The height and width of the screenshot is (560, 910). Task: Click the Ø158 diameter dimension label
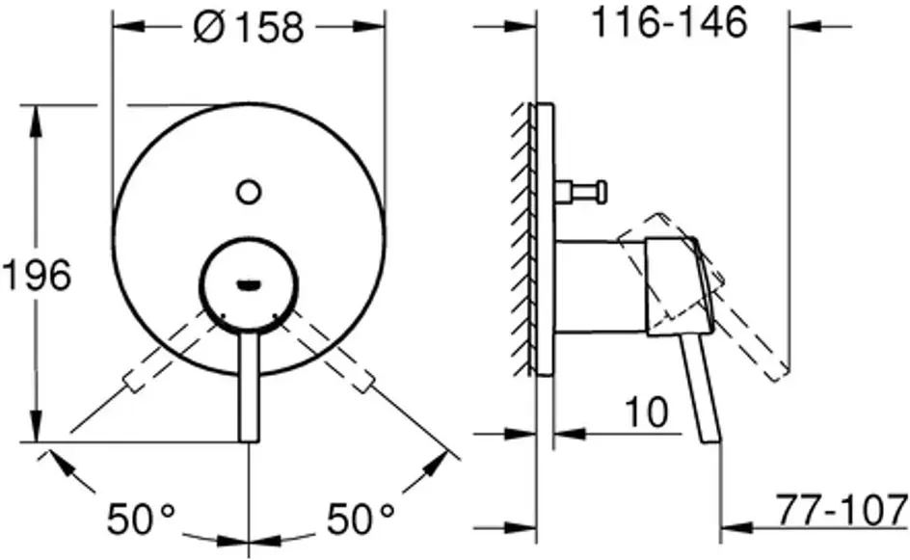pos(249,27)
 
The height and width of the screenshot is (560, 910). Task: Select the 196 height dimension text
pos(37,275)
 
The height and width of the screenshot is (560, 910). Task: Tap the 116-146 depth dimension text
pos(670,23)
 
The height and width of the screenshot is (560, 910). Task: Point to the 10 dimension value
pos(647,412)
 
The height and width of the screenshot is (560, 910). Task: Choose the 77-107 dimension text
pos(843,510)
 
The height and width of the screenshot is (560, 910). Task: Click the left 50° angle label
pos(141,519)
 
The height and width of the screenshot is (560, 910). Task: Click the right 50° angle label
pos(361,519)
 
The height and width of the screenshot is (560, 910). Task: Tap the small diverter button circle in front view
pos(249,192)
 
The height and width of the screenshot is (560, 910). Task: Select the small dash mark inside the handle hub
pos(250,284)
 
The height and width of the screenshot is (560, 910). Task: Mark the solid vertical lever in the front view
pos(250,387)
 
